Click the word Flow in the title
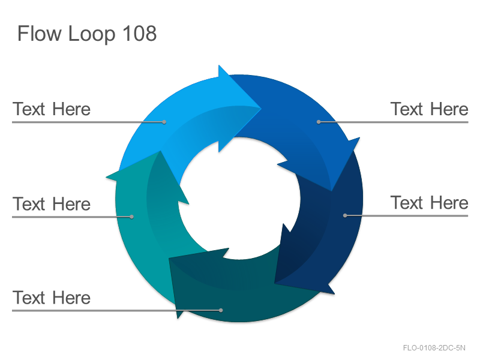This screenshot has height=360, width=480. click(x=40, y=33)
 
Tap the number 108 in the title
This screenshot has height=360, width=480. click(x=140, y=33)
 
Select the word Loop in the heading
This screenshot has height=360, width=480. click(x=92, y=34)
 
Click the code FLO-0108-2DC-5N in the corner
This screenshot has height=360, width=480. click(x=434, y=348)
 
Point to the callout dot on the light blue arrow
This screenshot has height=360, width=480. click(x=164, y=122)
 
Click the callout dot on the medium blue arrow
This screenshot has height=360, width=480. click(x=319, y=122)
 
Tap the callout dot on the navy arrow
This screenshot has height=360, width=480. click(x=345, y=215)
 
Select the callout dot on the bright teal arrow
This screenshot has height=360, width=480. click(x=131, y=217)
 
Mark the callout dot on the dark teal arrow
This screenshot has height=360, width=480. click(x=221, y=310)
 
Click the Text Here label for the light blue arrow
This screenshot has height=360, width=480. click(x=52, y=109)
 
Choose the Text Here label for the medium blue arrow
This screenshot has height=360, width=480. click(x=429, y=109)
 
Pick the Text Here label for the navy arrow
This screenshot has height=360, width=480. click(x=429, y=203)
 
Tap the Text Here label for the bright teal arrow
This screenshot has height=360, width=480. click(x=52, y=204)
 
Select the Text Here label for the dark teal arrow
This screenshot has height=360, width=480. click(x=52, y=298)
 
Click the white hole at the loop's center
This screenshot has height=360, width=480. click(x=239, y=199)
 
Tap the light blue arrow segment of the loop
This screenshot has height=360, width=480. click(x=190, y=116)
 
